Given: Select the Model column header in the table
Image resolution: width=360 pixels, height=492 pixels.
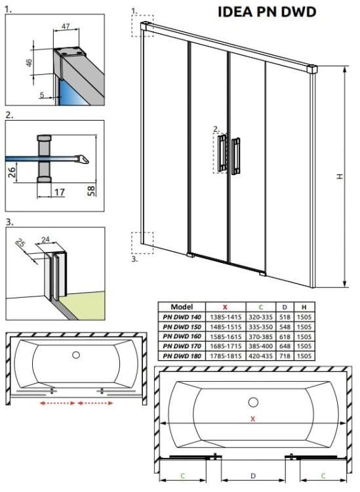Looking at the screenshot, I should coord(182,306).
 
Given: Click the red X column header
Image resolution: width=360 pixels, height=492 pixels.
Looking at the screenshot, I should coord(226,306).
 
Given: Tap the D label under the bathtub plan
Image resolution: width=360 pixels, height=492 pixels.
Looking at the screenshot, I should coord(253,474).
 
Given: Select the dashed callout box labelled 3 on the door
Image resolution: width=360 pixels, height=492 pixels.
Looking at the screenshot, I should coord(142,242).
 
